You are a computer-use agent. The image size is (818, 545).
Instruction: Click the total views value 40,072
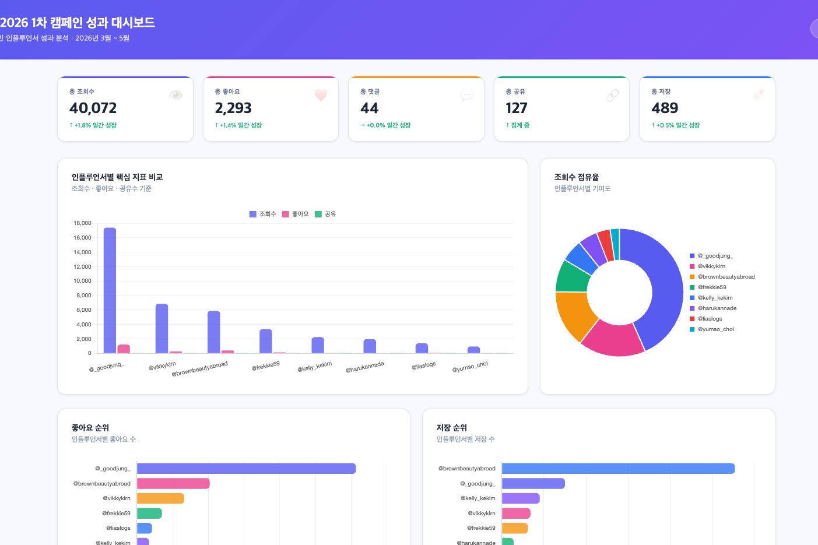click(x=93, y=108)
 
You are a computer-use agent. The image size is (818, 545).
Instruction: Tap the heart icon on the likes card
click(x=321, y=95)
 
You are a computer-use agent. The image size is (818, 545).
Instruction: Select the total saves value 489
click(x=665, y=108)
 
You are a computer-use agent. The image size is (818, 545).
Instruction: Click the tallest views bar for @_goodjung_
click(x=110, y=290)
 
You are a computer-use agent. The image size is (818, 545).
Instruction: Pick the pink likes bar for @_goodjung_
click(x=124, y=349)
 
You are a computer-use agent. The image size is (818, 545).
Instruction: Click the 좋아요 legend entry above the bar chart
click(x=296, y=214)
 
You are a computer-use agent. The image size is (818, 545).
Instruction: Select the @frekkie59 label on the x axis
click(x=265, y=366)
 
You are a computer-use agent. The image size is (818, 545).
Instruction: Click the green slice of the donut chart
click(x=572, y=277)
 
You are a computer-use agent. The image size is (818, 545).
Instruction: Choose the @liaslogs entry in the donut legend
click(x=706, y=319)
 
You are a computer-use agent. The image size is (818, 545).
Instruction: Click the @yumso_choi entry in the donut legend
click(x=712, y=329)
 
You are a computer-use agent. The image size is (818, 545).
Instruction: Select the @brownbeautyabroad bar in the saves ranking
click(x=618, y=468)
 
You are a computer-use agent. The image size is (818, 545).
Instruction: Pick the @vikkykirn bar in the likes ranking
click(x=160, y=498)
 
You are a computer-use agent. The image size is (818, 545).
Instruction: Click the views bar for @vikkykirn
click(x=162, y=329)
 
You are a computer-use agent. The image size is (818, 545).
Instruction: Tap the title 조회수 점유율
click(x=577, y=177)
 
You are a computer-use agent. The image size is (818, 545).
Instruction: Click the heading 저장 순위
click(x=452, y=427)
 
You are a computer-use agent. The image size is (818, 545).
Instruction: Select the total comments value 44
click(x=369, y=108)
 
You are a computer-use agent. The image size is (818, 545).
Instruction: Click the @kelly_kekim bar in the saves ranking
click(x=521, y=498)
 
